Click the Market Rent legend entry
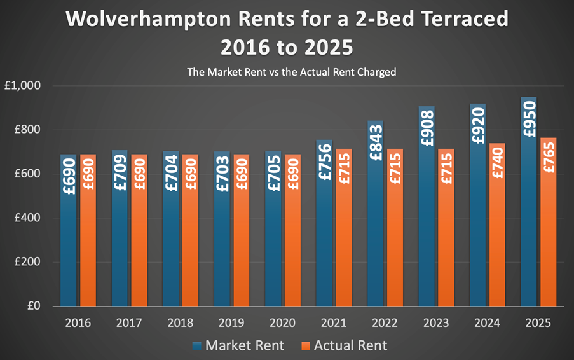[238, 345]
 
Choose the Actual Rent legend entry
[344, 345]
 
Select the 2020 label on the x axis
[282, 322]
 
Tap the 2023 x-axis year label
[436, 322]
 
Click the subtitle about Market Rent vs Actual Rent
[291, 72]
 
